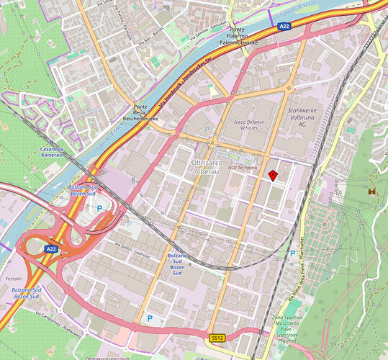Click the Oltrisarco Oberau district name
click(209, 168)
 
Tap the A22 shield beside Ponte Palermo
click(286, 26)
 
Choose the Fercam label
click(12, 278)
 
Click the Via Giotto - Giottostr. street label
click(132, 248)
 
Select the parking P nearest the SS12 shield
click(150, 318)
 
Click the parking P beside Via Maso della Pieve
click(292, 254)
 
